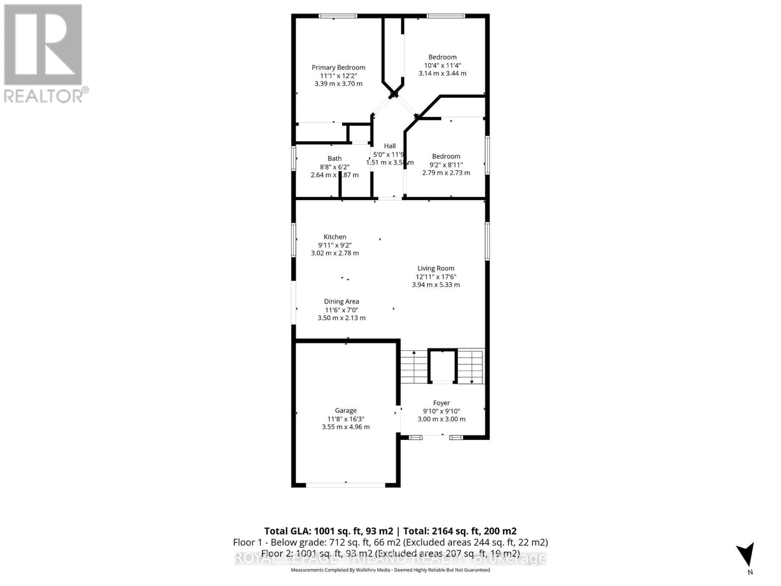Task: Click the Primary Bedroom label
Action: (338, 67)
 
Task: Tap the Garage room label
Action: (346, 411)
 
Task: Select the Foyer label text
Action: (441, 403)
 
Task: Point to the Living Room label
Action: (435, 268)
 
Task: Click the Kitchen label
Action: (335, 237)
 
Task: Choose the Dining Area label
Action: (341, 302)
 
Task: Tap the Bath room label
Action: (334, 158)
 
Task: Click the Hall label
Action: (390, 146)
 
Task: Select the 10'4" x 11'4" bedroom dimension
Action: (442, 65)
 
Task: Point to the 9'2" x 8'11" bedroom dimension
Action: (446, 165)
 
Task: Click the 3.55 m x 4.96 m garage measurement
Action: (346, 427)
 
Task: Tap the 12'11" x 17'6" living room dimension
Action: (435, 276)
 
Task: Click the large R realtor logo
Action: (43, 45)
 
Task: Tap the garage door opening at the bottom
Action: (346, 484)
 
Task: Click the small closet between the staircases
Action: (442, 366)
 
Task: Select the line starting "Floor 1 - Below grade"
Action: (390, 543)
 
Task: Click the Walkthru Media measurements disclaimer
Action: (390, 570)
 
